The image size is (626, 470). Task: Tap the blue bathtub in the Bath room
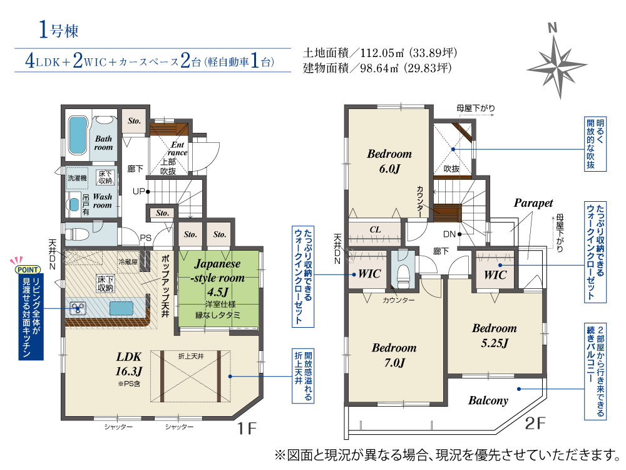coord(78,135)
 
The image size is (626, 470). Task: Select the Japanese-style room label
coord(218,271)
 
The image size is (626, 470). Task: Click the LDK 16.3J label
coord(129,363)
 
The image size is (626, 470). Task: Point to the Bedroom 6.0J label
coord(389,161)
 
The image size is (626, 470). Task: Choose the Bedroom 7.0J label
coord(394,355)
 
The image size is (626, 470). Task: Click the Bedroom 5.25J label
coord(495,336)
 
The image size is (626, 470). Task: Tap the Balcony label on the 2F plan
coord(488,400)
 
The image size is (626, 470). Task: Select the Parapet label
coord(533,204)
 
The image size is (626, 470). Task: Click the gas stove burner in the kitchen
coord(78,308)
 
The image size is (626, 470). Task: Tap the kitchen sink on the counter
coord(121,308)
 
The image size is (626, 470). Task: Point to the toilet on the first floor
coord(76,234)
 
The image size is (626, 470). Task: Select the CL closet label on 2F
coord(375,229)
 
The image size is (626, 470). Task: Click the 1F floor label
coord(247,429)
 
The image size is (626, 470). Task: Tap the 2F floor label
coord(535,423)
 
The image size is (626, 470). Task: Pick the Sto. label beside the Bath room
coord(134,121)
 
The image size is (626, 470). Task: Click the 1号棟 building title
coord(58,30)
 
